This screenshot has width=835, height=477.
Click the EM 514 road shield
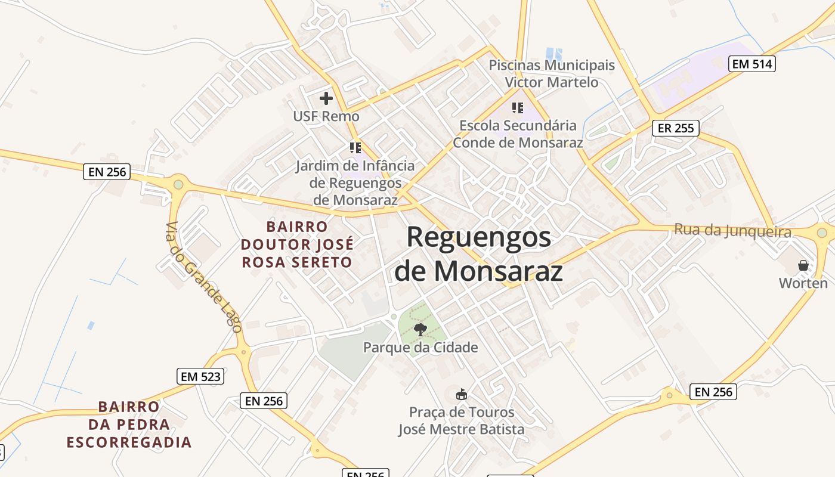[x=752, y=64]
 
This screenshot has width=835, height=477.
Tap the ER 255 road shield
[x=675, y=128]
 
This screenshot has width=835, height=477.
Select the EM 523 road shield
[x=200, y=376]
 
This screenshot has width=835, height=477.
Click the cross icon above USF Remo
[x=326, y=98]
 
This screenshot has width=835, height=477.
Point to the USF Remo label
[x=326, y=116]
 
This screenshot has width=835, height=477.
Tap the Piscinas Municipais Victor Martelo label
[x=552, y=73]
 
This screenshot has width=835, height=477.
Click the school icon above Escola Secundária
[x=518, y=108]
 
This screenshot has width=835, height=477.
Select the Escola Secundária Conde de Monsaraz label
[x=518, y=134]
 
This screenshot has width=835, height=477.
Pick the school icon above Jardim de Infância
[x=355, y=147]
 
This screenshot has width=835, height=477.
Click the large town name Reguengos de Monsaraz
[x=479, y=254]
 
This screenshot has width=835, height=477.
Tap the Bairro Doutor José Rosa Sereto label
[x=297, y=244]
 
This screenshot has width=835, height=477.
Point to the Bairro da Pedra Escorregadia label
[x=129, y=425]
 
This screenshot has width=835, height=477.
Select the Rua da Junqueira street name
[x=732, y=231]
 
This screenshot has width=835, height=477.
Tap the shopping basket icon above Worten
[x=803, y=265]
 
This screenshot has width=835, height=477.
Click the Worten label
[x=803, y=283]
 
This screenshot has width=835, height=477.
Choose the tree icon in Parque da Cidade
[x=420, y=329]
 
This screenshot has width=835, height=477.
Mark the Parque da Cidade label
[x=420, y=347]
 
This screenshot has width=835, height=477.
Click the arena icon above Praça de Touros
[x=461, y=394]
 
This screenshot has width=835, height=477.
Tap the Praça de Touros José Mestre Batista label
[x=461, y=420]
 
